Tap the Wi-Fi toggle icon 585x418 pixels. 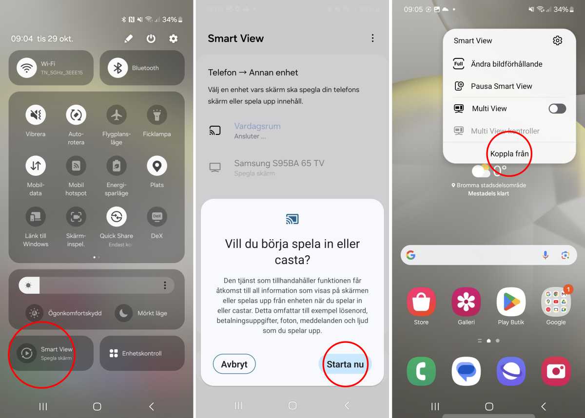click(27, 68)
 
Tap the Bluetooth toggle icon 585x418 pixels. click(117, 68)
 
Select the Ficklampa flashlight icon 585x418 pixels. click(156, 115)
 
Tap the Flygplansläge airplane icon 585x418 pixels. click(116, 115)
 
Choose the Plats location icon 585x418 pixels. click(156, 166)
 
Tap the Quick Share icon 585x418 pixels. click(116, 217)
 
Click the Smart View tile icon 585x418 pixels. click(26, 353)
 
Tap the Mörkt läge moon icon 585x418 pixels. click(124, 313)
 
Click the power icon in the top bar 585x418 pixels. click(151, 38)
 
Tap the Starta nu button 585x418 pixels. click(345, 364)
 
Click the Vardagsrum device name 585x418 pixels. click(257, 126)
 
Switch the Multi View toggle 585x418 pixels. click(557, 108)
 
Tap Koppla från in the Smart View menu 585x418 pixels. click(509, 153)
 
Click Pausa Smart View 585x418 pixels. click(501, 86)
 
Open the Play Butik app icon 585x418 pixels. click(511, 302)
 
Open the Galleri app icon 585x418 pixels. click(466, 302)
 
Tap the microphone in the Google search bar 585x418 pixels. click(546, 255)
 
